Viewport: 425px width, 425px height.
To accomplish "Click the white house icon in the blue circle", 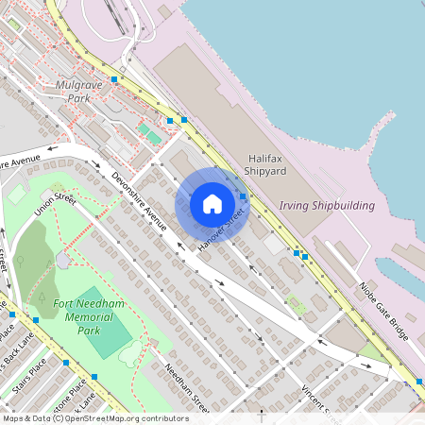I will tap(212, 203).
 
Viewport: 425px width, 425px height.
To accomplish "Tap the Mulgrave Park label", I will tap(78, 92).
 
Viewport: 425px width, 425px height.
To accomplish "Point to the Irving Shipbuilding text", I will tap(327, 205).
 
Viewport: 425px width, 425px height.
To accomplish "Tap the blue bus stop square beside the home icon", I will tap(243, 196).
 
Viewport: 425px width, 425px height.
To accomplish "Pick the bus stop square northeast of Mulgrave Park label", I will tap(114, 79).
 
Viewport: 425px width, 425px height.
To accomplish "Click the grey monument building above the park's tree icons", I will tap(62, 259).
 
